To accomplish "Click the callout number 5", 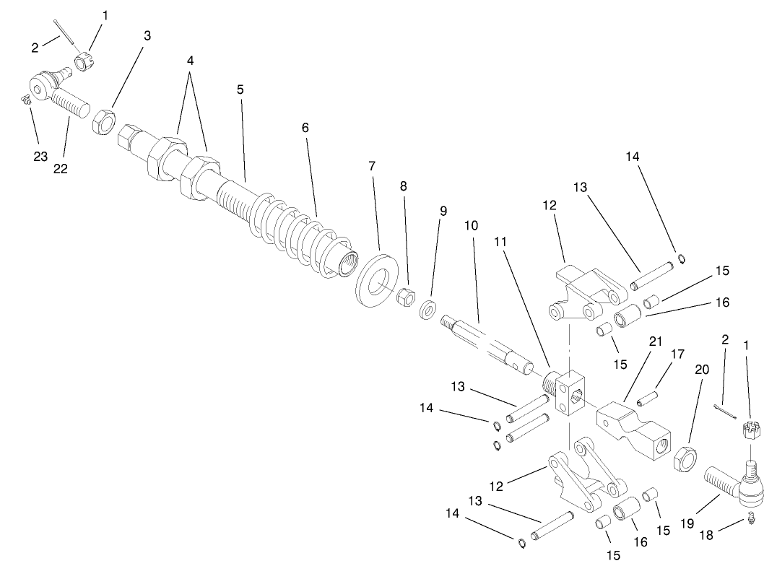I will [x=240, y=90].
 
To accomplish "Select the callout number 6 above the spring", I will [x=305, y=127].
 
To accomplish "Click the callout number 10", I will [x=471, y=225].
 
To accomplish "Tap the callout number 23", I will [x=40, y=155].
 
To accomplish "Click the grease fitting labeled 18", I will [x=752, y=517].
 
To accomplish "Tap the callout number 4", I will [x=191, y=61].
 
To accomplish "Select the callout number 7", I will [x=372, y=165].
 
